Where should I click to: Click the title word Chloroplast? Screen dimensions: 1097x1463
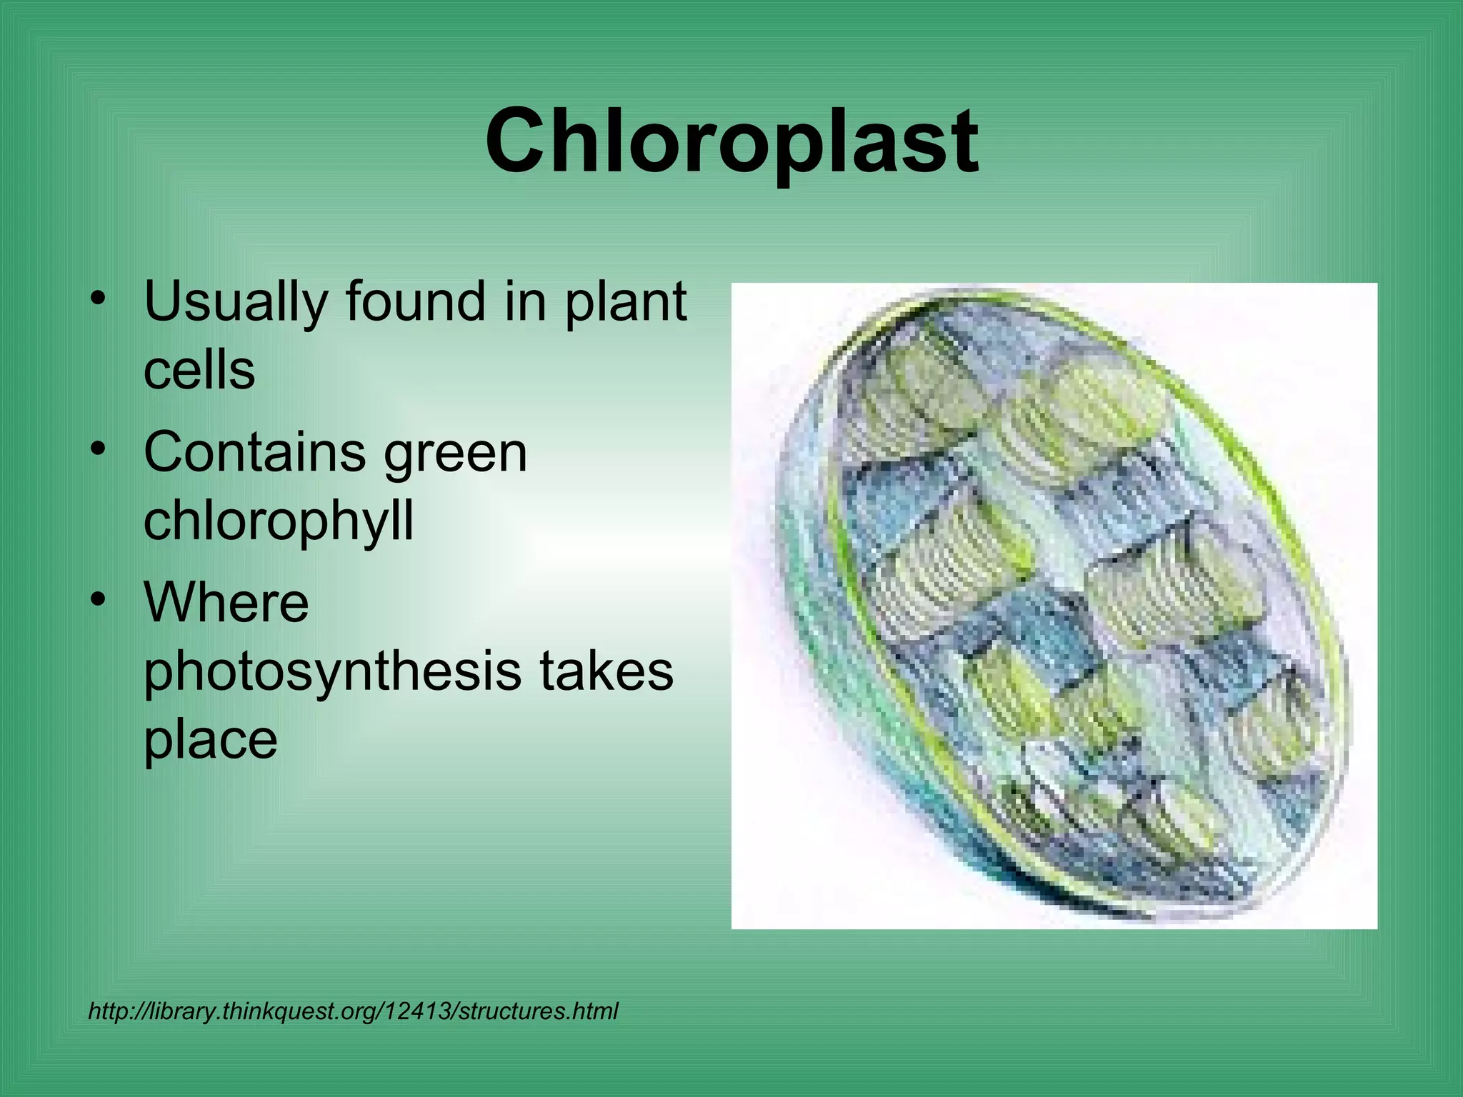pyautogui.click(x=731, y=141)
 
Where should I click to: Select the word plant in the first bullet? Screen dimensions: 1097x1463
pyautogui.click(x=626, y=303)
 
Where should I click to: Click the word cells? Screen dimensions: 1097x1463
pyautogui.click(x=199, y=371)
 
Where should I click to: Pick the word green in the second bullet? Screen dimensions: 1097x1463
pyautogui.click(x=455, y=454)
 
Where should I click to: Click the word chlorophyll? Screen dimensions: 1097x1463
pyautogui.click(x=279, y=521)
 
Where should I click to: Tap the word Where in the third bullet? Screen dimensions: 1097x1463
pyautogui.click(x=226, y=603)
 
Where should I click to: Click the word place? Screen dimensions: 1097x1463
pyautogui.click(x=211, y=741)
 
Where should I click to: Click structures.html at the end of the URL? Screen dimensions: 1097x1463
pyautogui.click(x=538, y=1011)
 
